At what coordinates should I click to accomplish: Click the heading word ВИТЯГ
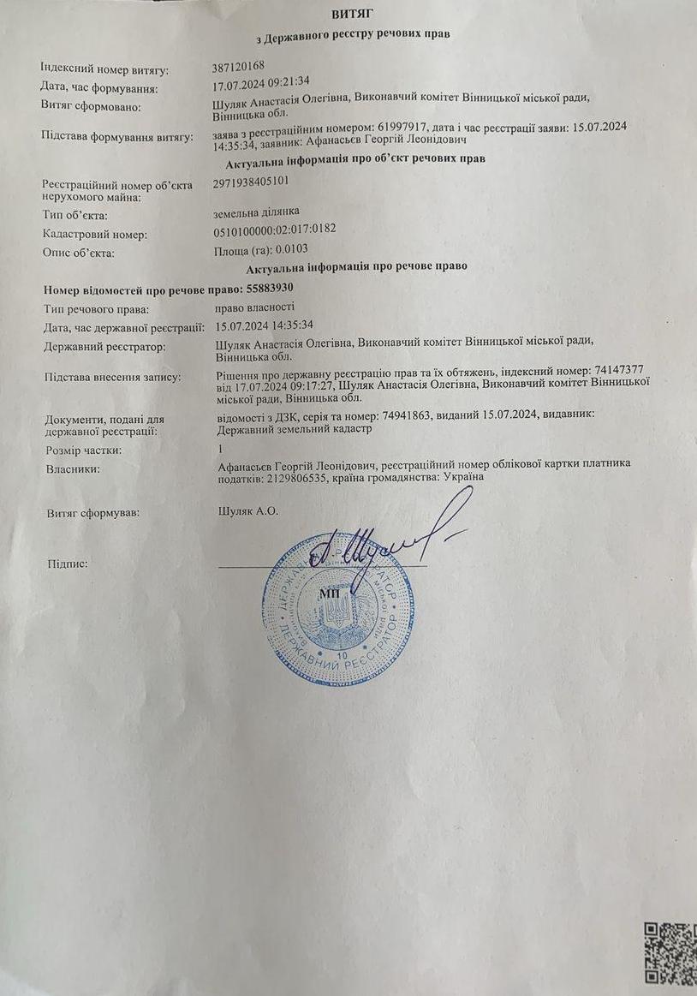point(352,13)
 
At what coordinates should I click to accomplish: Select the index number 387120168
point(238,67)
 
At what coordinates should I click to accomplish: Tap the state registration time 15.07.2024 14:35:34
point(265,325)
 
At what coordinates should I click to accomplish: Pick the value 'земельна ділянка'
point(257,212)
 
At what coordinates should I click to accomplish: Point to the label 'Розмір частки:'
point(83,450)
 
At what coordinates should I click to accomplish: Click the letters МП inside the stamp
point(330,593)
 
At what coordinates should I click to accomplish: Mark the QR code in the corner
point(670,958)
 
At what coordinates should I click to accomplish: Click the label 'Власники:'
point(73,468)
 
